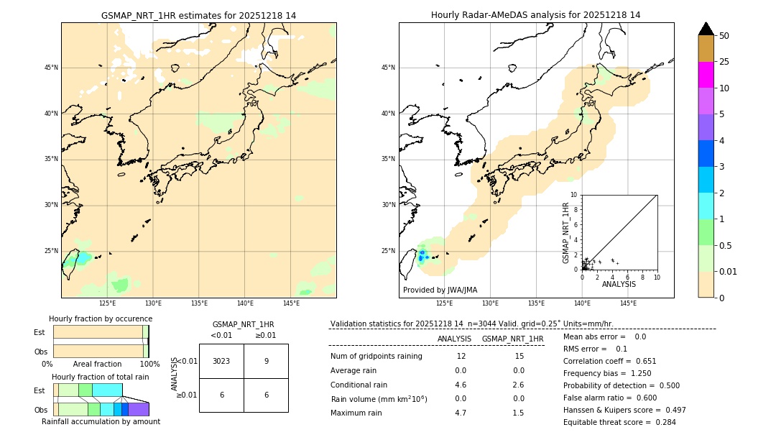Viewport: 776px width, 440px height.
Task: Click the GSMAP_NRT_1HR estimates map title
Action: click(198, 15)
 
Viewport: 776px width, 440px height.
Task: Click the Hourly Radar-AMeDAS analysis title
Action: click(536, 15)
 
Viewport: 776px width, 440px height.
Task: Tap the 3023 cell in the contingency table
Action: click(221, 361)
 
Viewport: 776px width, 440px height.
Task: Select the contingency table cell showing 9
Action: click(266, 361)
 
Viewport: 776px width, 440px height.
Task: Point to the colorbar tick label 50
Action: click(724, 35)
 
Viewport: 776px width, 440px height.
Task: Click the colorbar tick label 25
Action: click(724, 62)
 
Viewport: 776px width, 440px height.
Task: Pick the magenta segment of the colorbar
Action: click(706, 75)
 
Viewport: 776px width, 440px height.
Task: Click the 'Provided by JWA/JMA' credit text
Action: click(440, 290)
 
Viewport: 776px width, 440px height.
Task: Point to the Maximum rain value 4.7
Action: click(461, 413)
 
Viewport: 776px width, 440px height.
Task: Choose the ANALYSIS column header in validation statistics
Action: click(454, 339)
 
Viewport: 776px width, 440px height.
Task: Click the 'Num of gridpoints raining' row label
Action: click(377, 357)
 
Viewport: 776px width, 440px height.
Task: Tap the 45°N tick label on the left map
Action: click(51, 68)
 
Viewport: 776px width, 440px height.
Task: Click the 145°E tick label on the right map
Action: click(628, 303)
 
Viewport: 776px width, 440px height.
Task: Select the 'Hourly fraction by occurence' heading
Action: click(101, 318)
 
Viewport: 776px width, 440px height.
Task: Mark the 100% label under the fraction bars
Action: click(149, 364)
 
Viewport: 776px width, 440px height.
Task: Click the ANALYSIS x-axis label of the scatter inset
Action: click(619, 285)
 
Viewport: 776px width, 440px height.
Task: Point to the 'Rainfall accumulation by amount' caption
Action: click(101, 421)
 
